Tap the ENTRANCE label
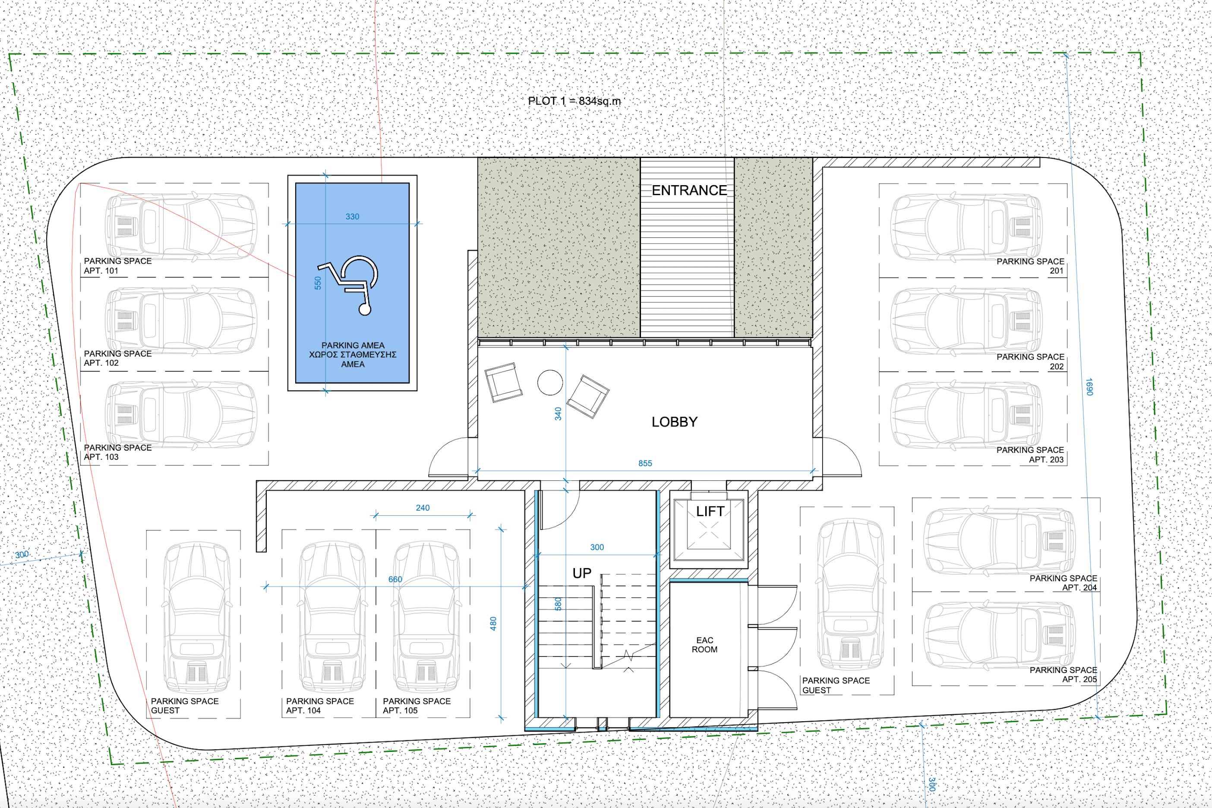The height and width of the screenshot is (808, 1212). (689, 190)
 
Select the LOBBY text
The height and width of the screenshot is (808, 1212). (674, 422)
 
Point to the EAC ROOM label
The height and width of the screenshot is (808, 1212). (704, 645)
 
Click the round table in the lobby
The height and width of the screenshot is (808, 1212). (550, 382)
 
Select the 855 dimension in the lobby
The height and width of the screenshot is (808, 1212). (645, 463)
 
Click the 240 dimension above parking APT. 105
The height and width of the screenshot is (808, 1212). (423, 508)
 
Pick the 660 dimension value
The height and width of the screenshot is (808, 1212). (395, 579)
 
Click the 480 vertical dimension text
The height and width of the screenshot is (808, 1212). (493, 624)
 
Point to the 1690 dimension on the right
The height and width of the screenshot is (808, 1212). (1088, 386)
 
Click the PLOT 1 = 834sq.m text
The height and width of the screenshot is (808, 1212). (574, 101)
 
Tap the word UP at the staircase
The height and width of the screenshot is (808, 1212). (581, 574)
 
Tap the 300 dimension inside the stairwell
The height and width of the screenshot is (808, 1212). (597, 547)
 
